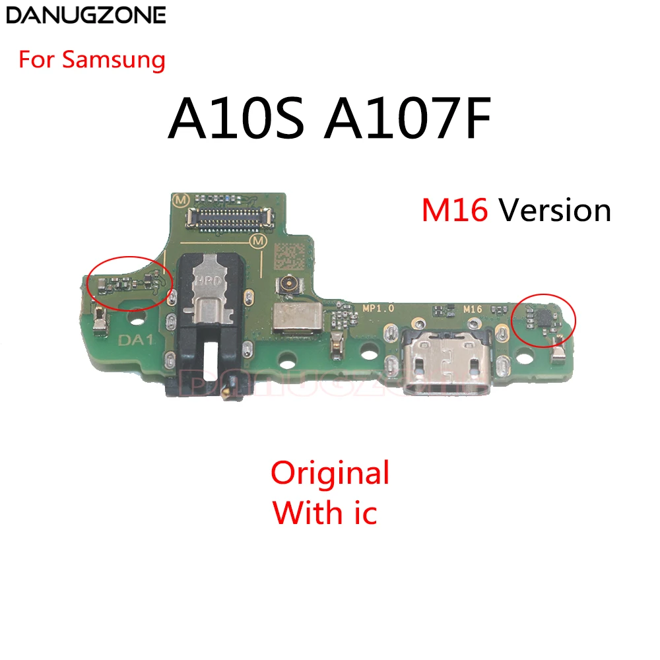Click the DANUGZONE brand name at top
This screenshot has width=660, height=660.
coord(84,15)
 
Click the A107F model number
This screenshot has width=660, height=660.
coord(408,123)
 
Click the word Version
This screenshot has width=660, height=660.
coord(555,211)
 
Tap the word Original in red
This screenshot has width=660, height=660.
coord(330,473)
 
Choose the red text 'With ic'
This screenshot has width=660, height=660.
coord(325,512)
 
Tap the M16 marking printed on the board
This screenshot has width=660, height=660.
coord(473,308)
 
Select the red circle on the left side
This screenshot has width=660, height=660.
coord(129,280)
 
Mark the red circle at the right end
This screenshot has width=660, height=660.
coord(544,318)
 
